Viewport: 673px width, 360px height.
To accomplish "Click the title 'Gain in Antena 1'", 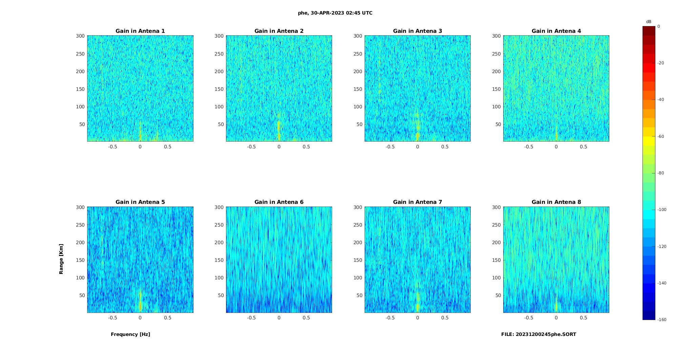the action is coord(140,31).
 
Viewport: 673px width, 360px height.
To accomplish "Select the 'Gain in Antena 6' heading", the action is coord(279,202).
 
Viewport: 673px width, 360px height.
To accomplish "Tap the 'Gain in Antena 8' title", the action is coord(556,202).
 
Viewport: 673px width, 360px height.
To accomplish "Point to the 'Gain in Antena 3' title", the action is coord(417,31).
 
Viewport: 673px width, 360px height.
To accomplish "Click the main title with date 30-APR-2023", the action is coord(335,13).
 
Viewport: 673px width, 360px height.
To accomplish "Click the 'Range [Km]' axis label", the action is coord(61,259).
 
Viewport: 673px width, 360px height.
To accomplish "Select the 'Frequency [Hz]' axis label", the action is coord(130,334).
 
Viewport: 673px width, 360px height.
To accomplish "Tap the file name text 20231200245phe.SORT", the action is coord(538,334).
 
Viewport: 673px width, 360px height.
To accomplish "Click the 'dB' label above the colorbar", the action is coord(649,22).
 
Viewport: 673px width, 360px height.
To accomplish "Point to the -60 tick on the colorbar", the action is coord(661,136).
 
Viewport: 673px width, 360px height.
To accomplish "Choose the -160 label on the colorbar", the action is coord(662,320).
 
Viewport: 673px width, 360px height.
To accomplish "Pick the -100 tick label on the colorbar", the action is coord(662,210).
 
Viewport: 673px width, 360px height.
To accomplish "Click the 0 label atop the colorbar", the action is coord(659,26).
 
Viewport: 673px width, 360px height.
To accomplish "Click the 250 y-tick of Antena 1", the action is coord(81,54).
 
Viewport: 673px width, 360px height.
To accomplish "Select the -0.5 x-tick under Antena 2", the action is coord(251,147).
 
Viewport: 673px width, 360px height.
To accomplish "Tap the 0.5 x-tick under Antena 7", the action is coord(445,318).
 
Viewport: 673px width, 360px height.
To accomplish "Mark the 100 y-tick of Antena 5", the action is coord(81,278).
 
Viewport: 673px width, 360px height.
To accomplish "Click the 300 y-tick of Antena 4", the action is coord(496,36).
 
